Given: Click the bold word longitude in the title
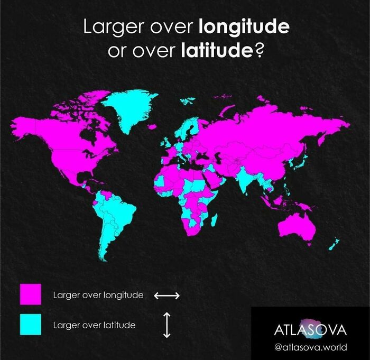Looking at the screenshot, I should click(244, 27).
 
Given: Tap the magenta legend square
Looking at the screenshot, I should click(30, 294).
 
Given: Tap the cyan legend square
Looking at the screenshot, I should click(30, 324).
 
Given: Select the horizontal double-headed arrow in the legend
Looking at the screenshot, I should click(167, 296).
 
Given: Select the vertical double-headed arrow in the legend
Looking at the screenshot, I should click(166, 325).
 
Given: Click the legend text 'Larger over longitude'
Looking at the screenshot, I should click(98, 295).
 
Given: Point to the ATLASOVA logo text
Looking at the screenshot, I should click(311, 330).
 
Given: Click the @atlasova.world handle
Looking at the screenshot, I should click(311, 347).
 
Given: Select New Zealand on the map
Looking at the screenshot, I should click(334, 244).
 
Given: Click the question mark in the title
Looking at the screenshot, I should click(260, 52).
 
